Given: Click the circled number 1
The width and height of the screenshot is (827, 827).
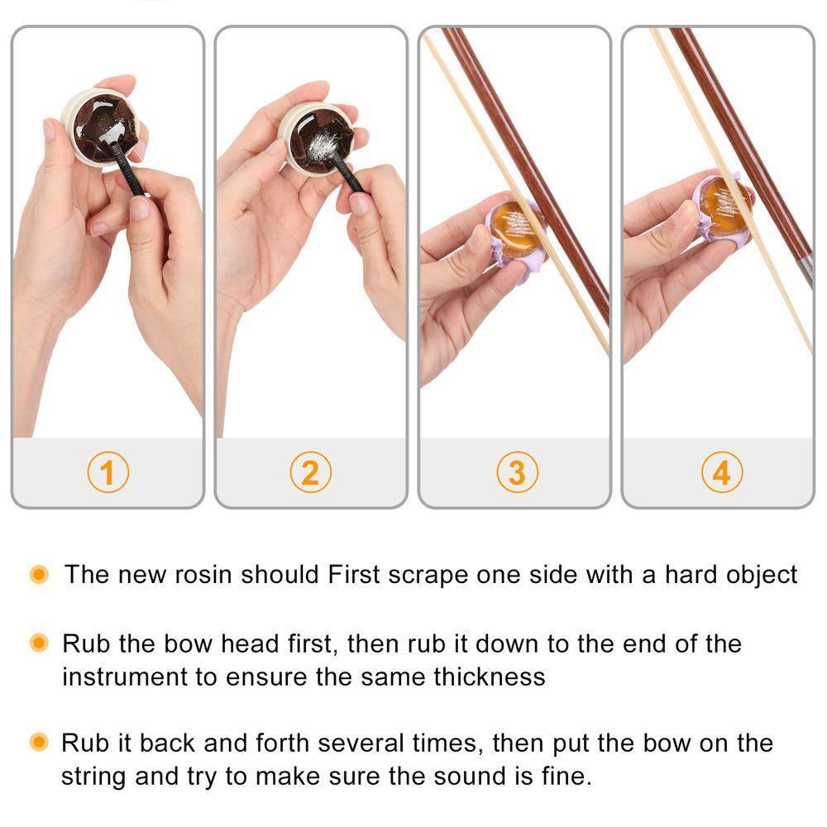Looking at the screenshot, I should [x=108, y=473].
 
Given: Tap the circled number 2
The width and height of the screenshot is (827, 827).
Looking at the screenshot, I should [x=310, y=473].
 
